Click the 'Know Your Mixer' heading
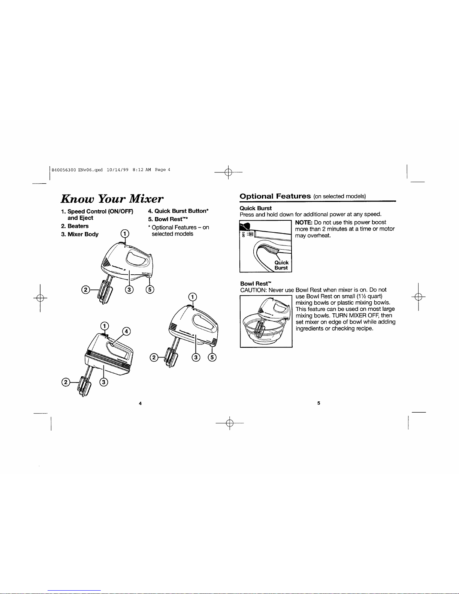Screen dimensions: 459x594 [112, 199]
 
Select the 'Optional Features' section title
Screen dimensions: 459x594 [275, 196]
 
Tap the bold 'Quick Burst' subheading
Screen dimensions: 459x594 [256, 208]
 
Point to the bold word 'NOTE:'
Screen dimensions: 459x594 [304, 223]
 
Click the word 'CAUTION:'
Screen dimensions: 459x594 [253, 290]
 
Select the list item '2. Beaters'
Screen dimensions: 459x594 [75, 226]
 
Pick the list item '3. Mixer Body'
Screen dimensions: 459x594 [79, 234]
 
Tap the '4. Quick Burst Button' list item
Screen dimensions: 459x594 [178, 211]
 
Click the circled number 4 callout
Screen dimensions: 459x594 [126, 331]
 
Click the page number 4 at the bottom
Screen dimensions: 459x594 [140, 403]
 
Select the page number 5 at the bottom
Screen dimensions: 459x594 [318, 403]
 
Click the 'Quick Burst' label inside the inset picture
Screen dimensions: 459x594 [281, 265]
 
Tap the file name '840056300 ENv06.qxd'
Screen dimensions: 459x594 [77, 170]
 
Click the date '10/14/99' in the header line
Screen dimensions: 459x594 [118, 170]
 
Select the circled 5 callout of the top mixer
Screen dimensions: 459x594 [150, 289]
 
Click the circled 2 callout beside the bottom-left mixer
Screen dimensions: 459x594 [66, 382]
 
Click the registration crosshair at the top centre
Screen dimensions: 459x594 [229, 172]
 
